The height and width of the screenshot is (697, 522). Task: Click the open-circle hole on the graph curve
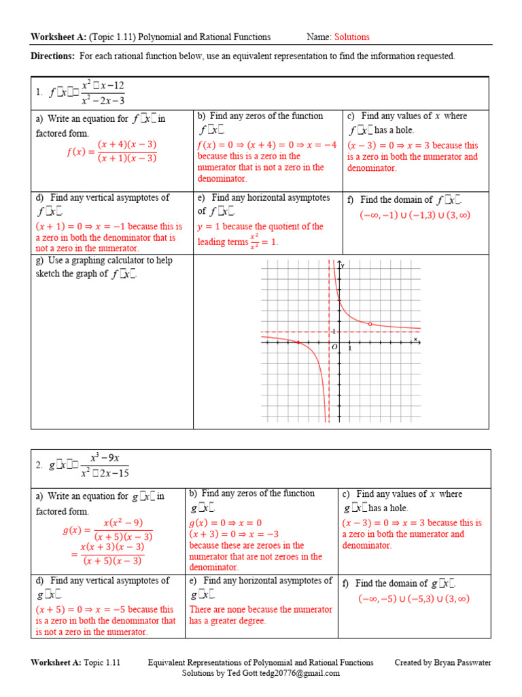[369, 324]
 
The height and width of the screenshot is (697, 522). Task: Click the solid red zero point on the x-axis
[298, 342]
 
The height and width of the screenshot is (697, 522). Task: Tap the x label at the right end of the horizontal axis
[415, 338]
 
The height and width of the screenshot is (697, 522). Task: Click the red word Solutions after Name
[351, 37]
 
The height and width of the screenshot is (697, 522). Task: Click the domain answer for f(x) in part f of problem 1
[415, 215]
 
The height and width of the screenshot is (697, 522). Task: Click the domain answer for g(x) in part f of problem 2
[414, 599]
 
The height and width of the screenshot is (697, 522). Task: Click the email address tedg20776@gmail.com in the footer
[298, 673]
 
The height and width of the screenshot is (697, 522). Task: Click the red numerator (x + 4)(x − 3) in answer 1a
[127, 144]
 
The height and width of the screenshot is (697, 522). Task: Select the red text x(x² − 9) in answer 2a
[123, 522]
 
